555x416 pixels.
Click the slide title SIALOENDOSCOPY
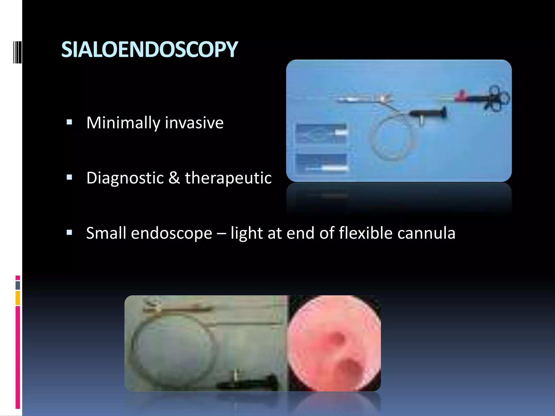[x=149, y=50]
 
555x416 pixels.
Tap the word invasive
[x=194, y=123]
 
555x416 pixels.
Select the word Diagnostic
[x=125, y=178]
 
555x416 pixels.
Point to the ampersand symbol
[x=174, y=178]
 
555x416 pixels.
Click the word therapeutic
[x=228, y=178]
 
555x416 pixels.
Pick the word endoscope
[x=171, y=233]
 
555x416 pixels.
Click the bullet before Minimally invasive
[x=69, y=122]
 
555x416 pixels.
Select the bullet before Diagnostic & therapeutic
[x=69, y=177]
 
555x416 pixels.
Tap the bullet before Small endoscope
[x=69, y=233]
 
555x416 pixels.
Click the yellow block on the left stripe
[x=18, y=298]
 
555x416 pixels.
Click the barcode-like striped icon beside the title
[x=17, y=52]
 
